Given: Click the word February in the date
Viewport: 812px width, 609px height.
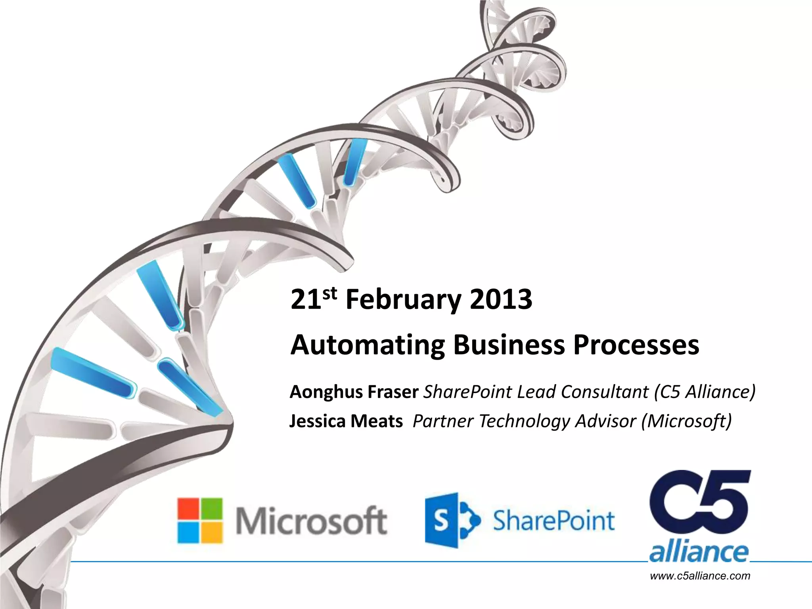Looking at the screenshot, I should [402, 300].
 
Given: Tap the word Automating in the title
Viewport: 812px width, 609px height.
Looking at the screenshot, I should [367, 345].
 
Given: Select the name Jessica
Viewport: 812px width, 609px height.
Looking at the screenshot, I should [317, 421].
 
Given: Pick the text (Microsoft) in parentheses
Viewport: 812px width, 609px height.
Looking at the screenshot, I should [686, 421].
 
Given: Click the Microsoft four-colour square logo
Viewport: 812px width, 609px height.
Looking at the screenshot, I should [199, 520].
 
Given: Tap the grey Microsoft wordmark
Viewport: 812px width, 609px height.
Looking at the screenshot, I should [311, 521].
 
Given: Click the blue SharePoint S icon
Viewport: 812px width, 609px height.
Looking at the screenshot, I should [448, 520].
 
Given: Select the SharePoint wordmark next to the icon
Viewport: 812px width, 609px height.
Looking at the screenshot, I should [553, 521].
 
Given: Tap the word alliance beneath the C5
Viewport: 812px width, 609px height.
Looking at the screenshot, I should [699, 552].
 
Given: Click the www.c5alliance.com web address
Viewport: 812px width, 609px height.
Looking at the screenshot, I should [700, 576].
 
